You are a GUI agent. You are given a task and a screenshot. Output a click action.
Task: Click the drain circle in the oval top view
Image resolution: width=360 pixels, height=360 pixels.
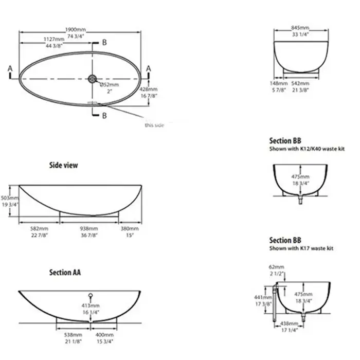click(x=93, y=78)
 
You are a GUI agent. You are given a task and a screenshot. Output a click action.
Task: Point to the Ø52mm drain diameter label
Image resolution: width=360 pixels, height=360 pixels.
click(x=110, y=84)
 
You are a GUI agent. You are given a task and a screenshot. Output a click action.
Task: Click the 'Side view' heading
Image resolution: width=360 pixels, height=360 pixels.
click(x=63, y=165)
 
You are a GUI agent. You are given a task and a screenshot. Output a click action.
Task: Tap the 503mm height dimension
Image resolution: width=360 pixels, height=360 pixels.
click(x=9, y=197)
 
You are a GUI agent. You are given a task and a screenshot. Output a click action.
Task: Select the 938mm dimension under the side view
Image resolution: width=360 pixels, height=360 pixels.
click(x=89, y=228)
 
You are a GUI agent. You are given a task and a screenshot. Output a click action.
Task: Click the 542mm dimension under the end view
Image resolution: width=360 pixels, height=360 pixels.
click(x=301, y=83)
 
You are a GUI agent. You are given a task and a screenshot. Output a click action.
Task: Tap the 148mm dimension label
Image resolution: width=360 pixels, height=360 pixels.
click(x=278, y=83)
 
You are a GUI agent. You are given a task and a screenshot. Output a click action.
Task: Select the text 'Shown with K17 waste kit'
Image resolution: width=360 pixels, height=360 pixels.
click(x=301, y=248)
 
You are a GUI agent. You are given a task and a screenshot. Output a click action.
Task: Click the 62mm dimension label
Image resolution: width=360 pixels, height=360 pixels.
click(x=276, y=267)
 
